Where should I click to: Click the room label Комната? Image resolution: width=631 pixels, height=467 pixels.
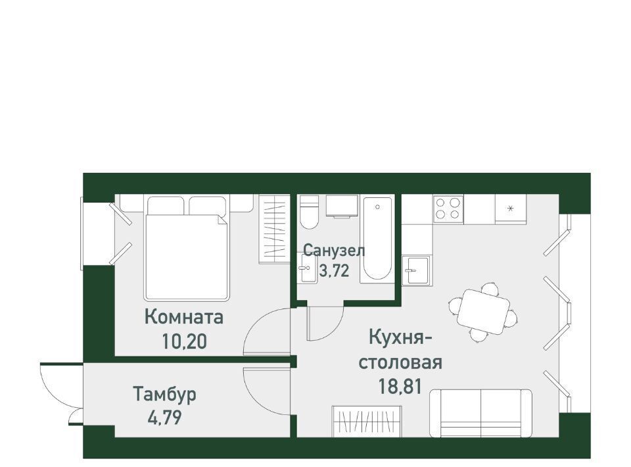(x=184, y=317)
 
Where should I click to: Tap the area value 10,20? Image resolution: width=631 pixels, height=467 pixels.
(x=184, y=341)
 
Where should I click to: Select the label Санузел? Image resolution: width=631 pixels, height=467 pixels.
(x=334, y=251)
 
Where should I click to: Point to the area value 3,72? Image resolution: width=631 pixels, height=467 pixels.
(x=334, y=271)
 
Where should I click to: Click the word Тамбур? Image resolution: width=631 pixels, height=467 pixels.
(x=164, y=394)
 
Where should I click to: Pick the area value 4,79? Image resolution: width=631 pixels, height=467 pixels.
(x=164, y=418)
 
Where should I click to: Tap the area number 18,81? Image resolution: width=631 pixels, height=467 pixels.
(x=400, y=387)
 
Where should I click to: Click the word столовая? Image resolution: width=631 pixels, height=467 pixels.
(x=400, y=362)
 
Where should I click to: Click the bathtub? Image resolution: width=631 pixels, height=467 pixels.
(x=377, y=237)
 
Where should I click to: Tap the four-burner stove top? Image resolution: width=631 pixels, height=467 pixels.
(x=448, y=208)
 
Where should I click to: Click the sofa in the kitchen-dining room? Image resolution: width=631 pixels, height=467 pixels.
(x=480, y=413)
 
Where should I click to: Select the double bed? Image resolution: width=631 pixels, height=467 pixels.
(x=187, y=249)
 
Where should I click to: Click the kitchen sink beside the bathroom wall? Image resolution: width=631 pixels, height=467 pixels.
(x=417, y=270)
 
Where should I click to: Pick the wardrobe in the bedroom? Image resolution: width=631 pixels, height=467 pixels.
(x=274, y=229)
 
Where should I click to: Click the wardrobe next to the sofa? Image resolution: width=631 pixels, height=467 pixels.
(x=367, y=421)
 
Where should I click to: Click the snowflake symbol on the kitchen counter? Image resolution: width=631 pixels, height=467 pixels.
(x=510, y=208)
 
